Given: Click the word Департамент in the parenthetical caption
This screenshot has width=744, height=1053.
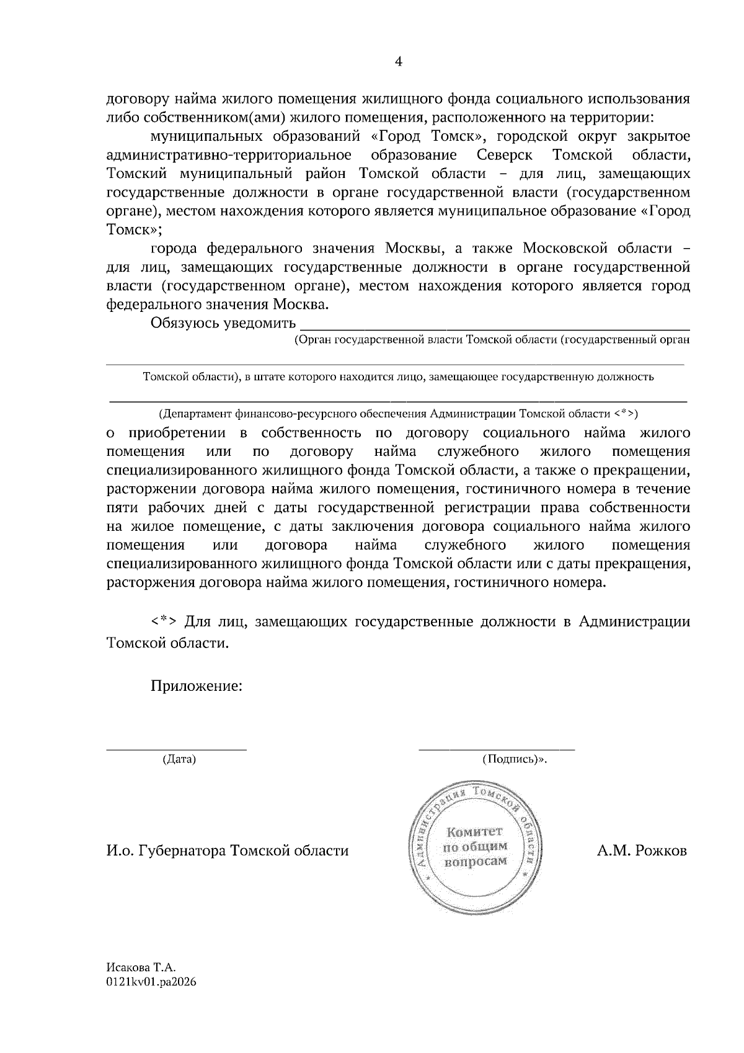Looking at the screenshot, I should [x=197, y=414].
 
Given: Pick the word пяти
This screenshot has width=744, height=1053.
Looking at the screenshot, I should [x=121, y=508].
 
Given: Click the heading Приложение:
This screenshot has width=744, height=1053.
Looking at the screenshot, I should [x=195, y=686].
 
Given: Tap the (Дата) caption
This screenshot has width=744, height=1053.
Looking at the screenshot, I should [x=179, y=759].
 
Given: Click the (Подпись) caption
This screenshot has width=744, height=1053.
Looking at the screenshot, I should [x=514, y=759].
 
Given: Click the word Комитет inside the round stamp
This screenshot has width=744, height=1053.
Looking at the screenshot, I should [x=476, y=832].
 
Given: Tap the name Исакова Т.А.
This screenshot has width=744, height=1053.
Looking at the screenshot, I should [x=142, y=967].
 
